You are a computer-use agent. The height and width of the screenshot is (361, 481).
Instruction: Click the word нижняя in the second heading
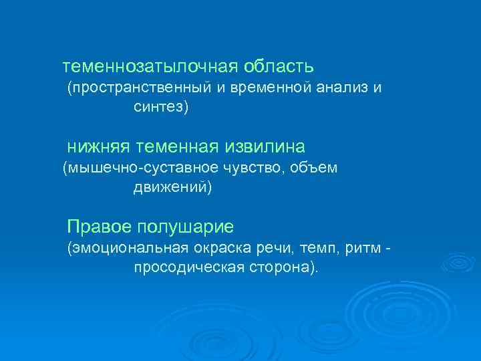coord(98,146)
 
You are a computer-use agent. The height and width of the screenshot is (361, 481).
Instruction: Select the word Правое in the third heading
coord(98,226)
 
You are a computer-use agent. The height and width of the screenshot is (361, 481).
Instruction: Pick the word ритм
coord(364,249)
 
